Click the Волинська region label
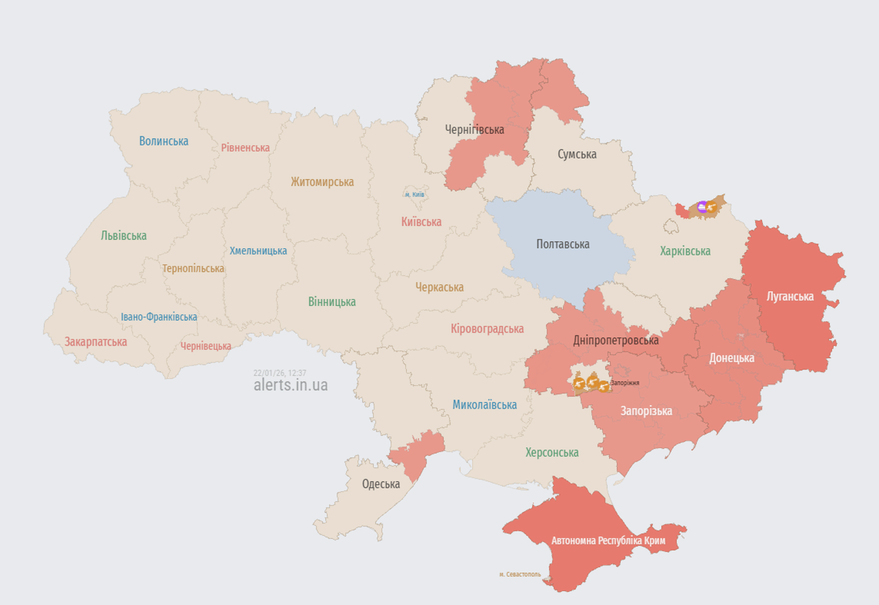pyautogui.click(x=163, y=141)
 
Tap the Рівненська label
pyautogui.click(x=245, y=148)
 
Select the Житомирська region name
pyautogui.click(x=322, y=182)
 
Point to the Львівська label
pyautogui.click(x=124, y=236)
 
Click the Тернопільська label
pyautogui.click(x=193, y=269)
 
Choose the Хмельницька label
pyautogui.click(x=258, y=251)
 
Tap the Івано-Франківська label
pyautogui.click(x=159, y=317)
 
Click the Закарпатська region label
pyautogui.click(x=95, y=342)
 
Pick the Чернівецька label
pyautogui.click(x=205, y=346)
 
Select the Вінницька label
pyautogui.click(x=332, y=302)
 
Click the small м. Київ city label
pyautogui.click(x=414, y=195)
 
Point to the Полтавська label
pyautogui.click(x=563, y=244)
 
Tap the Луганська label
pyautogui.click(x=790, y=297)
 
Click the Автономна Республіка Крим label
pyautogui.click(x=608, y=541)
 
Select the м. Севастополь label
pyautogui.click(x=520, y=574)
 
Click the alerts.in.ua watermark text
pyautogui.click(x=290, y=385)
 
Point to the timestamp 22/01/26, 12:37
pyautogui.click(x=279, y=373)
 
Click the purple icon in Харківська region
pyautogui.click(x=703, y=207)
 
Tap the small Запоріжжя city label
pyautogui.click(x=625, y=383)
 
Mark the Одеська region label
pyautogui.click(x=380, y=484)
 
